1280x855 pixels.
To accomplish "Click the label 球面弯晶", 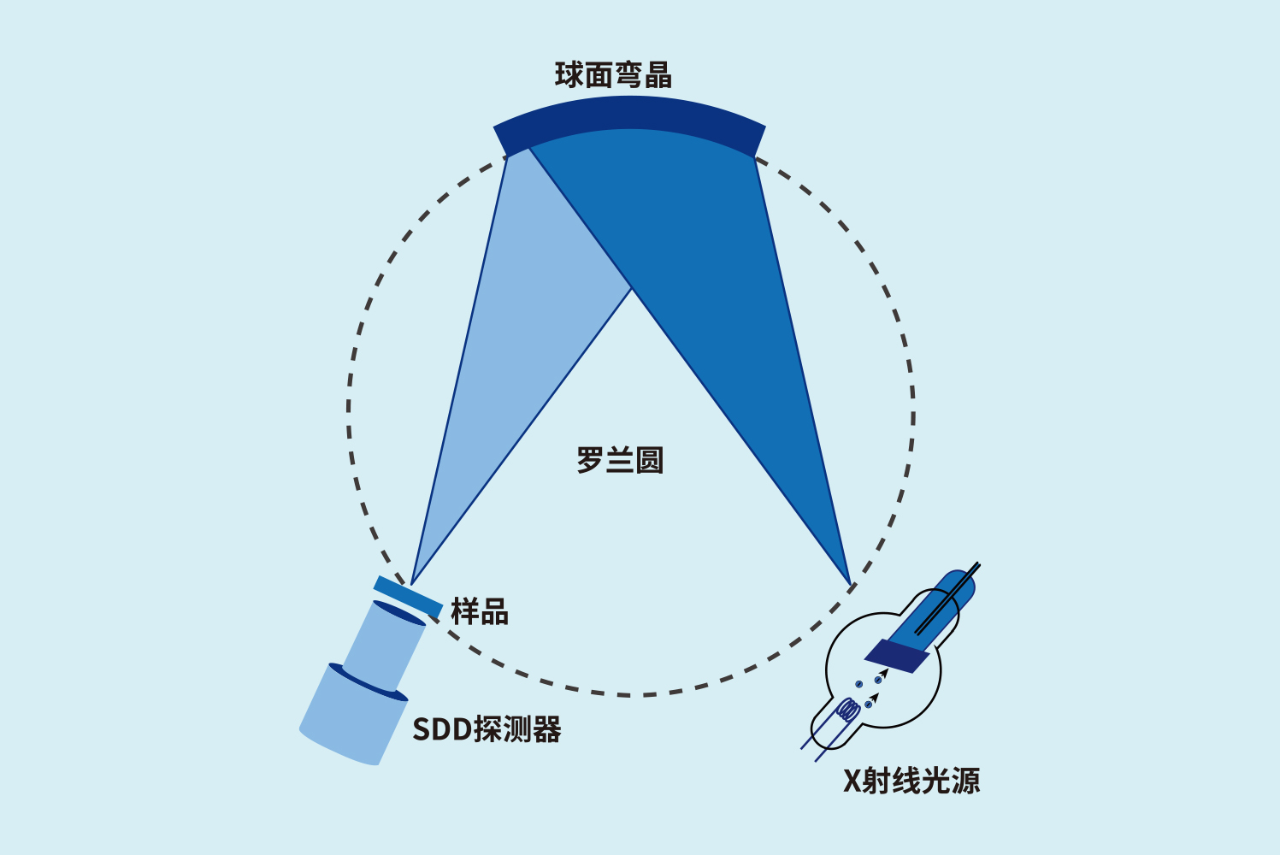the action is (x=613, y=75).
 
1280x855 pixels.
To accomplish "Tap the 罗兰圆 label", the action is (x=620, y=461).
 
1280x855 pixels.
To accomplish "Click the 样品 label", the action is (x=480, y=611).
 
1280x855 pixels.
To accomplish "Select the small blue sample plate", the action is (x=408, y=598).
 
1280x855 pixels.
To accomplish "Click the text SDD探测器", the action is (x=487, y=729).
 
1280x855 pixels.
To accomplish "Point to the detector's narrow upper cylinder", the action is (x=384, y=646).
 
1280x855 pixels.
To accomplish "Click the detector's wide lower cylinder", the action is (x=353, y=715).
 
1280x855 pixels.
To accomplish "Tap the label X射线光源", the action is (x=911, y=781).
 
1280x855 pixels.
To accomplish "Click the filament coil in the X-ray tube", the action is (x=848, y=710).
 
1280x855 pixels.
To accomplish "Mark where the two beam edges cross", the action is (x=631, y=289).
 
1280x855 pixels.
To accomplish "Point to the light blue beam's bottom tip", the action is (x=411, y=585).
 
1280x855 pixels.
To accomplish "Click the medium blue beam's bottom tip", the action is (x=851, y=585).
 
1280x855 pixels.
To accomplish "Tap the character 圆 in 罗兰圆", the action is (x=650, y=461).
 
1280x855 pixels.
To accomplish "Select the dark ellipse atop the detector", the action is (x=398, y=613).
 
